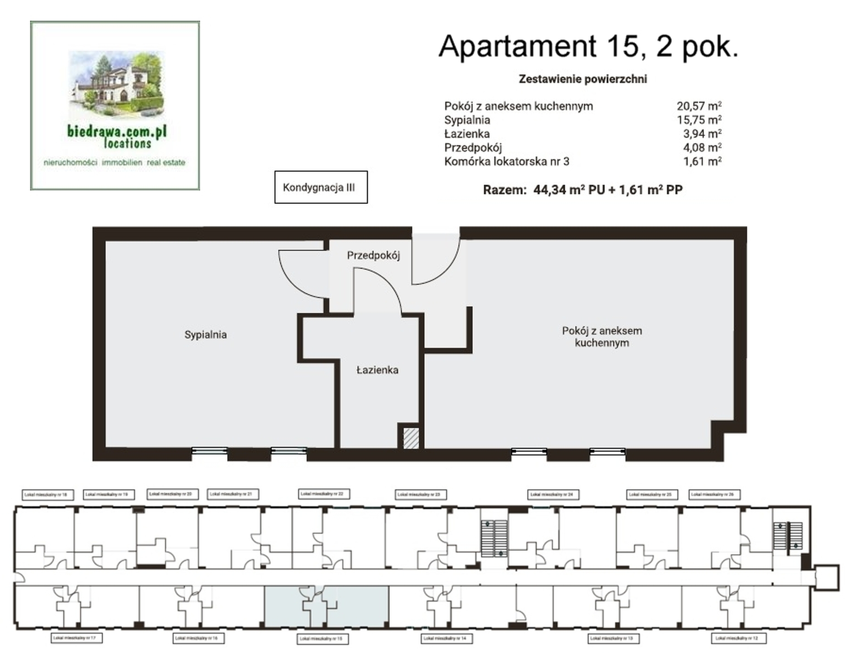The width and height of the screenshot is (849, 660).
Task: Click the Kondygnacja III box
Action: [x=320, y=187]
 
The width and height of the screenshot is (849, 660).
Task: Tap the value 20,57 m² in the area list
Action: [x=699, y=106]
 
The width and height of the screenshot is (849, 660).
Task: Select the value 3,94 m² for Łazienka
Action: [x=702, y=134]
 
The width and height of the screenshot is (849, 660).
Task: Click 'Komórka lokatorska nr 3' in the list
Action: [x=506, y=161]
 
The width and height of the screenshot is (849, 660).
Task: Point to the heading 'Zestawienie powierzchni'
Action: [x=583, y=79]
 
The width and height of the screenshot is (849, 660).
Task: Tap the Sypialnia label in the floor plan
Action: [x=205, y=335]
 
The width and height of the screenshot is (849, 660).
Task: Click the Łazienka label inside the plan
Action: [x=377, y=370]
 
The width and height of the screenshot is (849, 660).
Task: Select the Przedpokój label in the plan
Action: [x=373, y=255]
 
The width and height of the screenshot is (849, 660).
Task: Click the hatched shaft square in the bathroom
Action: [x=411, y=438]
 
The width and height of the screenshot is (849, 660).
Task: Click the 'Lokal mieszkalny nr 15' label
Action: [x=320, y=638]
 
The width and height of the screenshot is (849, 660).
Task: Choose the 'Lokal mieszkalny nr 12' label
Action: [x=738, y=638]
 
